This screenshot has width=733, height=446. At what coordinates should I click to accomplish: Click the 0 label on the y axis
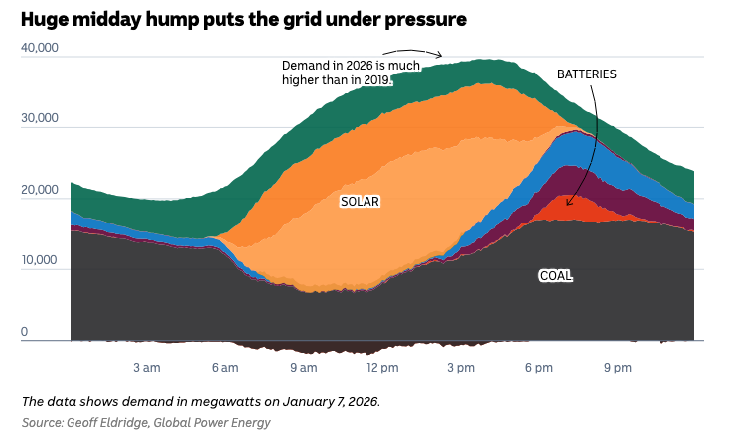(26, 332)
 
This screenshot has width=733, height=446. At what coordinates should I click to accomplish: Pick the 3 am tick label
(146, 368)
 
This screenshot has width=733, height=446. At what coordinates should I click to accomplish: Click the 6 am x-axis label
(224, 368)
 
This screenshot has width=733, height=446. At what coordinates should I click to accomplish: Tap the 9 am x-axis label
(303, 368)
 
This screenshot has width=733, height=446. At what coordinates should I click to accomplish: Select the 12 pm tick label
(382, 368)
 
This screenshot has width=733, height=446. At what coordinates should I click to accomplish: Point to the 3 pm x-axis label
(460, 368)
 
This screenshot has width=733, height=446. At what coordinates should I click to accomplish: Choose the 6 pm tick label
(538, 368)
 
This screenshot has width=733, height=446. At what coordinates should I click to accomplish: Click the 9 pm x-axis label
(617, 368)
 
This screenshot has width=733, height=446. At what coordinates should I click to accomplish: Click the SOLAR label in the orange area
(361, 201)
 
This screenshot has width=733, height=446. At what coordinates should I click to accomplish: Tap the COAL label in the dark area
(555, 275)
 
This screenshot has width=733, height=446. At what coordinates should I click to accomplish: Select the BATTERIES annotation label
(586, 74)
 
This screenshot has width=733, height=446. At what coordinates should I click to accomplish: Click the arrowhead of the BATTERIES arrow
(569, 204)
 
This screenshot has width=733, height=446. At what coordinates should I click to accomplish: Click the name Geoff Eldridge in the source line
(106, 423)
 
